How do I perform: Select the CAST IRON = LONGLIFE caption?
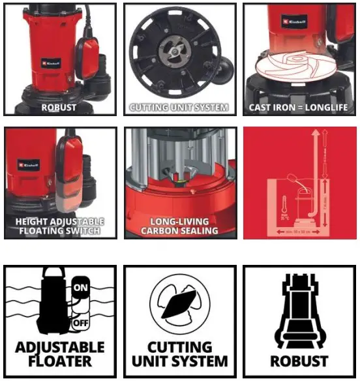[299, 107]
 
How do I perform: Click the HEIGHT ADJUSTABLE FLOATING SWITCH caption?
[59, 226]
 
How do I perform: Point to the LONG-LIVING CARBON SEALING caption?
[179, 226]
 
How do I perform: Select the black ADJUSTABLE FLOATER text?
[59, 354]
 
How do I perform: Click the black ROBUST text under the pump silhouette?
[299, 360]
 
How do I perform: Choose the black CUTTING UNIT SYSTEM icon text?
[179, 354]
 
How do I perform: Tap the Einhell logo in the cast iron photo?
[291, 22]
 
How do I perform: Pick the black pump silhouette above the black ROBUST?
[299, 309]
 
